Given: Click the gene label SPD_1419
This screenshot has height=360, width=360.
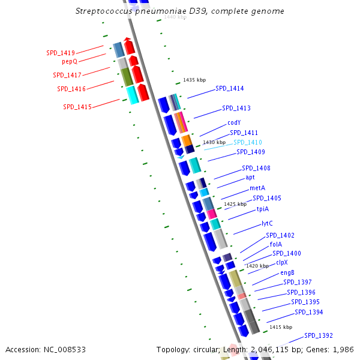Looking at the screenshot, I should click(61, 53).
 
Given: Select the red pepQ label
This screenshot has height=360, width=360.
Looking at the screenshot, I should click(70, 61).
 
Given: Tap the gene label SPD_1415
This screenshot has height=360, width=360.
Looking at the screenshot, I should click(77, 107).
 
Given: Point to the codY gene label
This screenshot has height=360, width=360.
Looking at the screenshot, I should click(234, 123).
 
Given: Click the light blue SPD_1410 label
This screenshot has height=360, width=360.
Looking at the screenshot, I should click(248, 142).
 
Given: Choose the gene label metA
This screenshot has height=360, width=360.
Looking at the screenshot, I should click(257, 188).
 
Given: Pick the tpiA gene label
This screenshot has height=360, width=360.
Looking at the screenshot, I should click(263, 209).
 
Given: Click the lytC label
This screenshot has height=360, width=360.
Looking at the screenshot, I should click(267, 223).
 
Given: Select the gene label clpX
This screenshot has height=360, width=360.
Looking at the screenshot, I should click(282, 262).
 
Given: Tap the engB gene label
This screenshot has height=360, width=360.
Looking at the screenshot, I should click(287, 272).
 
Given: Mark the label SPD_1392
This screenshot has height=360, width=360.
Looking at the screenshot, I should click(319, 335).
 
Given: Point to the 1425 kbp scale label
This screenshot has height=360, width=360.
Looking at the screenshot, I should click(235, 204).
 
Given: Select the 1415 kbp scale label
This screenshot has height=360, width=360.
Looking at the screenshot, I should click(281, 327).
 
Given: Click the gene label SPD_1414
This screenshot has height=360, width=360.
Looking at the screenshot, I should click(229, 88).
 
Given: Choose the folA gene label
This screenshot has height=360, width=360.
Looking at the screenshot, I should click(276, 244).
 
